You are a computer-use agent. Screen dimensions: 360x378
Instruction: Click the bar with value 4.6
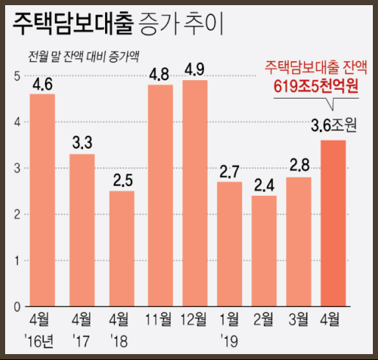(x=42, y=200)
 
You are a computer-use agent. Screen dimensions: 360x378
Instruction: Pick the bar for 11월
(x=160, y=195)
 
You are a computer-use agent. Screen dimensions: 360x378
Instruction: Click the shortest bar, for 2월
(x=264, y=250)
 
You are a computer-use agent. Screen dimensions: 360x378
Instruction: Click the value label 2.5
(x=121, y=180)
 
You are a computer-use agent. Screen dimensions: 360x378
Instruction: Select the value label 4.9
(x=195, y=70)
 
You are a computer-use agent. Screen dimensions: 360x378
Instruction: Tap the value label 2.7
(x=229, y=172)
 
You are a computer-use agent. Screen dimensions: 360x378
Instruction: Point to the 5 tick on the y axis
(x=16, y=76)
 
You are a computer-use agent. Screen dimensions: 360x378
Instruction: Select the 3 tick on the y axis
(x=16, y=168)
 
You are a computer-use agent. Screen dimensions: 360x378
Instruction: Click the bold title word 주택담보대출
(x=71, y=24)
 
